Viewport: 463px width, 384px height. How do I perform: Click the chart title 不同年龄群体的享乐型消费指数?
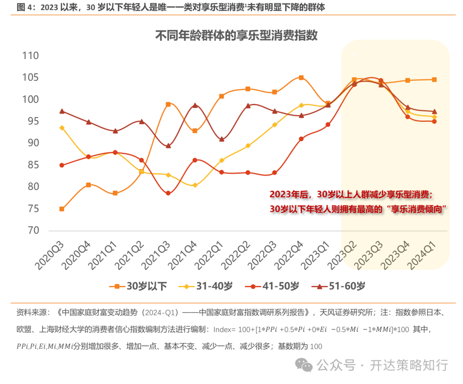coord(236,35)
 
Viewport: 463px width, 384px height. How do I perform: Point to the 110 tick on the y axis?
coord(30,56)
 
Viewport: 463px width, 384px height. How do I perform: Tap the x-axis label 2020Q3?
coord(50,255)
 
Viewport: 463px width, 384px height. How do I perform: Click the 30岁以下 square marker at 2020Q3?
coord(62,209)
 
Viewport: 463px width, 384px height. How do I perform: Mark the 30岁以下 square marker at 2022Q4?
coord(301,78)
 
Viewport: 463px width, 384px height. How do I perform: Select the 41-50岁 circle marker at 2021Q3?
coord(168,193)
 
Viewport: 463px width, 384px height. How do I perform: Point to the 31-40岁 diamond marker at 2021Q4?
coord(195,185)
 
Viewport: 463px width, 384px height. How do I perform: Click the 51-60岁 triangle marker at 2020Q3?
coord(62,111)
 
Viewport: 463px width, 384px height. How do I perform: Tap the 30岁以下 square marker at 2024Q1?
coord(434,79)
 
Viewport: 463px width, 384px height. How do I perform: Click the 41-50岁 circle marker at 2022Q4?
coord(301,139)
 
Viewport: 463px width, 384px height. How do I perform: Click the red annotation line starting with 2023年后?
coord(352,195)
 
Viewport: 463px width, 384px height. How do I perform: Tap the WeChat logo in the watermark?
coord(306,366)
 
